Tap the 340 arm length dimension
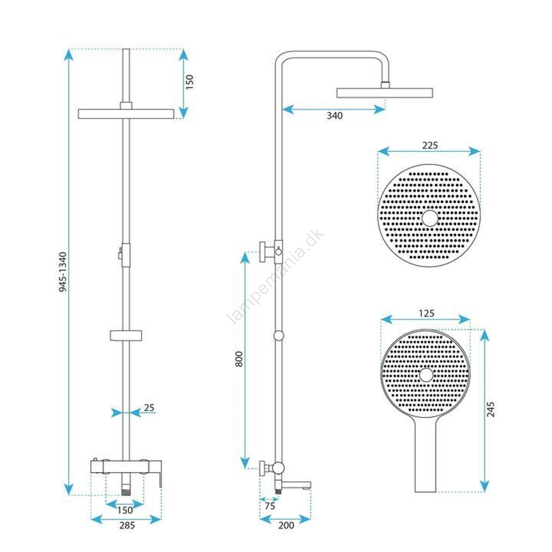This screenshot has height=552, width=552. (335, 116)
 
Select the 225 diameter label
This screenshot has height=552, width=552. (430, 145)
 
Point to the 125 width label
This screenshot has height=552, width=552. (427, 313)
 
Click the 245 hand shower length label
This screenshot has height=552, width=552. (490, 409)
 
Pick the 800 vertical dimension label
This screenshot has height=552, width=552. (239, 359)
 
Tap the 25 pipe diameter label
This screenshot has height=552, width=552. (149, 408)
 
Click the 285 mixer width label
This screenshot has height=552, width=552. (127, 525)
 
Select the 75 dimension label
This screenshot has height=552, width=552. (270, 506)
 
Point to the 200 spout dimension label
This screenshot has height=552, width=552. (286, 525)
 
